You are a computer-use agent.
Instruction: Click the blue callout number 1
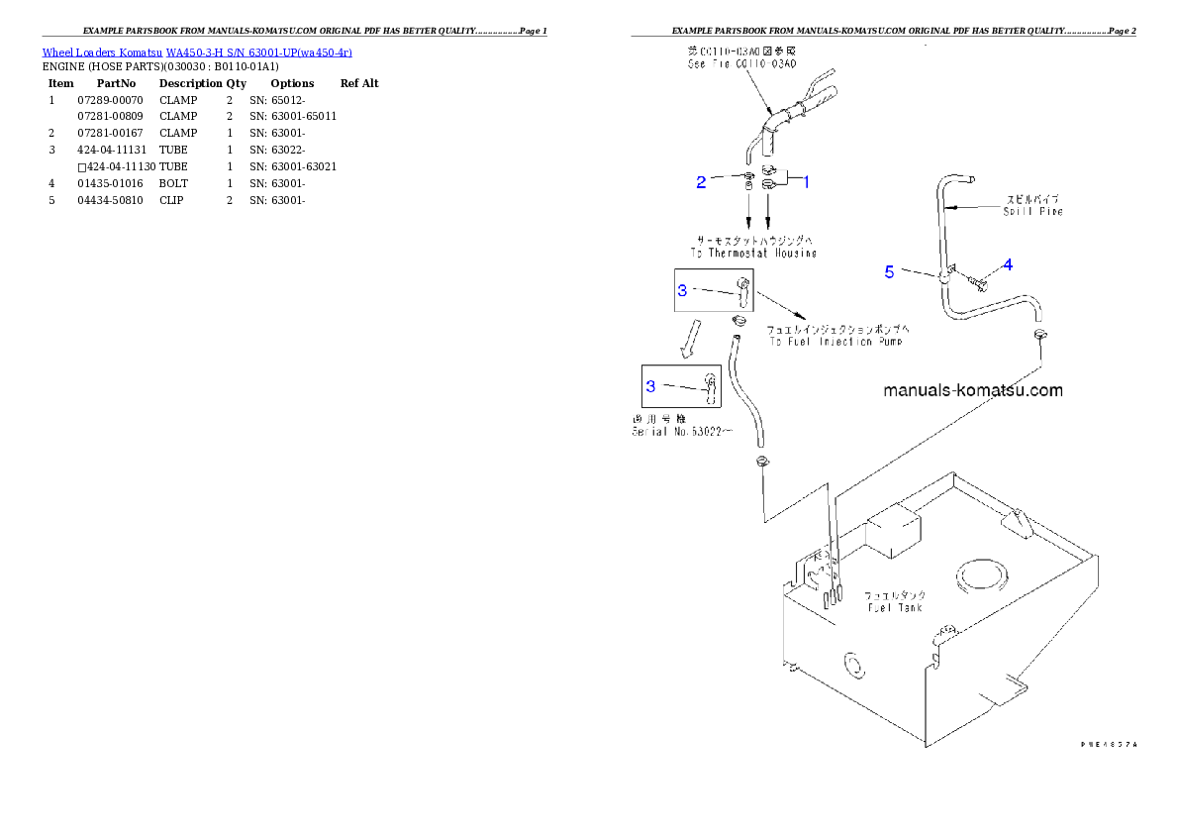[806, 182]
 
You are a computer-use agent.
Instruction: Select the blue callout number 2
[701, 181]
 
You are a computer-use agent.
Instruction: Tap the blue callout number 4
[1008, 264]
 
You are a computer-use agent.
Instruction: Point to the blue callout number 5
[889, 272]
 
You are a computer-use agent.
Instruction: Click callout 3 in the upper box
[682, 290]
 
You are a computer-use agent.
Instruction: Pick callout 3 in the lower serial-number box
[651, 386]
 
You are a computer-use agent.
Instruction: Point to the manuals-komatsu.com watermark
[972, 390]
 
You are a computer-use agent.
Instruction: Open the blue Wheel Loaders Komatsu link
[197, 52]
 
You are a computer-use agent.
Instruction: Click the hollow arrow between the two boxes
[693, 337]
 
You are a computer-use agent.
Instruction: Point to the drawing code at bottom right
[1108, 742]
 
